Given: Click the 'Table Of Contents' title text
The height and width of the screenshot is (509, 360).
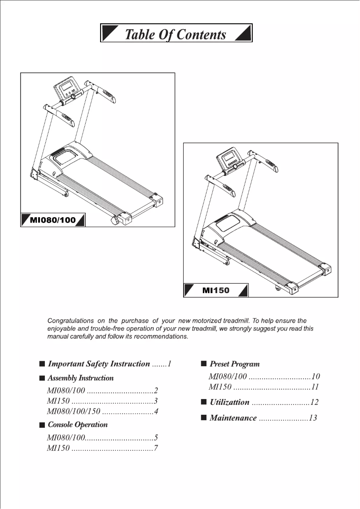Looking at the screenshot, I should pos(176,35).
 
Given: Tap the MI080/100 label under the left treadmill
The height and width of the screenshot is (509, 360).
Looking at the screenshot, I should pos(53,220).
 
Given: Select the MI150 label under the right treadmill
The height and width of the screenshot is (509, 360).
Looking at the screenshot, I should pos(215,290).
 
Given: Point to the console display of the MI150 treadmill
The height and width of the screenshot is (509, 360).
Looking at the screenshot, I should pos(230,158).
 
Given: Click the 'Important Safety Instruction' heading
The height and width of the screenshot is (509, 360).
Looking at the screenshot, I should pos(99,364).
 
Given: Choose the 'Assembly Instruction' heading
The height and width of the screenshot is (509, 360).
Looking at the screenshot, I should pos(81,378).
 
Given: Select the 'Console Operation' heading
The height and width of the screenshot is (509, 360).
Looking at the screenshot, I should pos(78,425).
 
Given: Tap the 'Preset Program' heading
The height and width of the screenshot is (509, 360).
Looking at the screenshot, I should pos(235,364).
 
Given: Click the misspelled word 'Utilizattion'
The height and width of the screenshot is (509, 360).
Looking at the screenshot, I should pos(229,402).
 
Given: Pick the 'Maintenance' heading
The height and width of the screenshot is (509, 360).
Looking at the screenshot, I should pos(233,418).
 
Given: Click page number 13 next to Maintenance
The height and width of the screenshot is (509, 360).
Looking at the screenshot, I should pos(313,418).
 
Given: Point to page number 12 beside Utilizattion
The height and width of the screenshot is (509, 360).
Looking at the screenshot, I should pos(314,402).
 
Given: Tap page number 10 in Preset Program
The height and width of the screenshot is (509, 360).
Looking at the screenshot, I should pos(316,377).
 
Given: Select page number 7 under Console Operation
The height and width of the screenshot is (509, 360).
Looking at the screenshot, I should pos(156,448).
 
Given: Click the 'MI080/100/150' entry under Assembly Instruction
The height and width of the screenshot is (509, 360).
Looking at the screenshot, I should pos(74,412).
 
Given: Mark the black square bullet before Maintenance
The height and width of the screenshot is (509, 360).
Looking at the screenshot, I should pos(203,418).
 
